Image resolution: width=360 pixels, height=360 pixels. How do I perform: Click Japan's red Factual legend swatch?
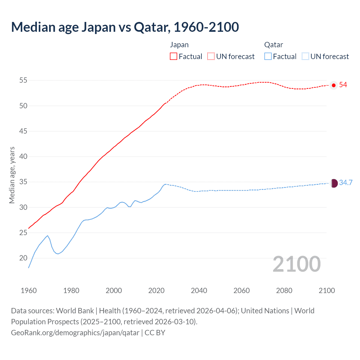[174, 56]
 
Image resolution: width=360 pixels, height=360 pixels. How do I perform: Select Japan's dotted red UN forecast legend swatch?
[211, 56]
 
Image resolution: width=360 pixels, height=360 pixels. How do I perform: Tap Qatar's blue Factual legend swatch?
[268, 56]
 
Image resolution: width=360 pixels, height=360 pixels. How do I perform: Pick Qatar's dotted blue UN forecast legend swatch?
[305, 56]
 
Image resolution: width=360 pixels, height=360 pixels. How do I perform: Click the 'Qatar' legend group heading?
[273, 45]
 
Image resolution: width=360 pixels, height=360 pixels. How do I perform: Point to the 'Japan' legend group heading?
[179, 45]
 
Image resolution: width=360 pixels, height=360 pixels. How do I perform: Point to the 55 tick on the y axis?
[23, 80]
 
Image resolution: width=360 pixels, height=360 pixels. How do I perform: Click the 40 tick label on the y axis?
[23, 157]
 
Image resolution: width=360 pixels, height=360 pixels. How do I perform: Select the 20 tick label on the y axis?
[23, 258]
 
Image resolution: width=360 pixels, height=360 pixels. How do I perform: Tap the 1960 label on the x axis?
[29, 291]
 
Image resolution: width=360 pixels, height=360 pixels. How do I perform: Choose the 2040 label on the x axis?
[199, 291]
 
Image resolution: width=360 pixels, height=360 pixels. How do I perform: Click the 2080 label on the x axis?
[284, 291]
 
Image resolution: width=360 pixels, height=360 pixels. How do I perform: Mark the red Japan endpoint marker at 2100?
[334, 85]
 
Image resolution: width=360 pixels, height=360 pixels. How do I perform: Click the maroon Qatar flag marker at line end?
[334, 183]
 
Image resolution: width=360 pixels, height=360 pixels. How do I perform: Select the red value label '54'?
[343, 85]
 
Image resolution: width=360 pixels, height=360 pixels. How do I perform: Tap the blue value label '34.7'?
[346, 183]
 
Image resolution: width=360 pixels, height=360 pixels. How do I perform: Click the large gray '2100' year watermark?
[296, 264]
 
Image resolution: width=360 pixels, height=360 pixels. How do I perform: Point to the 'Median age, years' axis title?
[12, 175]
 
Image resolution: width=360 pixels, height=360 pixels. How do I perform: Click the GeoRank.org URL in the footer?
[75, 333]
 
